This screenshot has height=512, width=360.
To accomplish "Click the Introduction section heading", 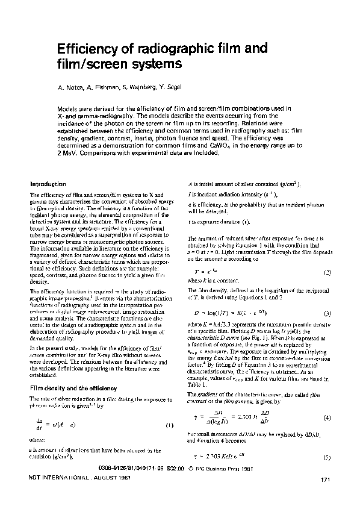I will click(x=48, y=184).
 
